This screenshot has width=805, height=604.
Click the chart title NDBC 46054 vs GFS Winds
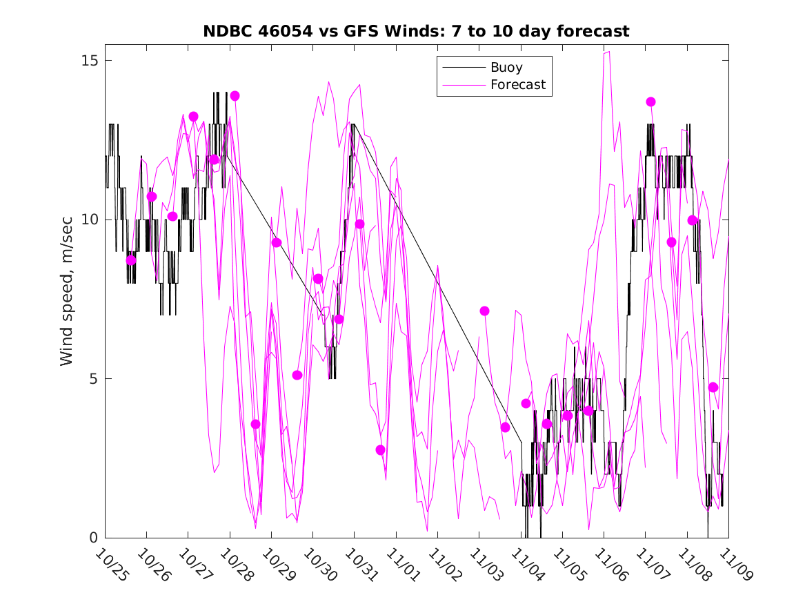[x=416, y=31]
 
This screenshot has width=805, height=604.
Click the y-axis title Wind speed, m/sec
[x=66, y=298]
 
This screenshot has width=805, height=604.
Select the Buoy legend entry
[x=506, y=68]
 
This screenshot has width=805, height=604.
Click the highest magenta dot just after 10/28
[x=235, y=96]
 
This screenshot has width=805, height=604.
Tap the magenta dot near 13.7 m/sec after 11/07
[x=650, y=101]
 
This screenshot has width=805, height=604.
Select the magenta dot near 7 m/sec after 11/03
[x=484, y=311]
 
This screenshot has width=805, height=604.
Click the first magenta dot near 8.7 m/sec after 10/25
[x=131, y=260]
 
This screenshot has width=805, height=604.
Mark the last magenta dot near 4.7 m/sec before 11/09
[x=713, y=387]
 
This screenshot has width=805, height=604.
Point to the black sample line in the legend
[x=462, y=68]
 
